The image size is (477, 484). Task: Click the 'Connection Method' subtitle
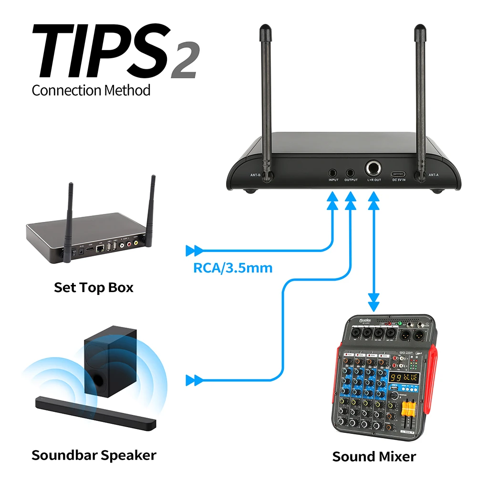[x=91, y=90]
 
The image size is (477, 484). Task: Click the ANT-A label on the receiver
[x=433, y=175]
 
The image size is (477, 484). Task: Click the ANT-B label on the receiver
[x=256, y=175]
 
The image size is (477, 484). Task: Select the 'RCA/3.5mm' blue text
[x=233, y=267]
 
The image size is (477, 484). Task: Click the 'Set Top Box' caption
[x=93, y=287]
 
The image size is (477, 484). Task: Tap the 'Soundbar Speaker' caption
[x=93, y=455]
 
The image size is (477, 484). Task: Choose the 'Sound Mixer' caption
[x=374, y=456]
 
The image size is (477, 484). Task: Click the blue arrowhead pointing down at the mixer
[x=373, y=304]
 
